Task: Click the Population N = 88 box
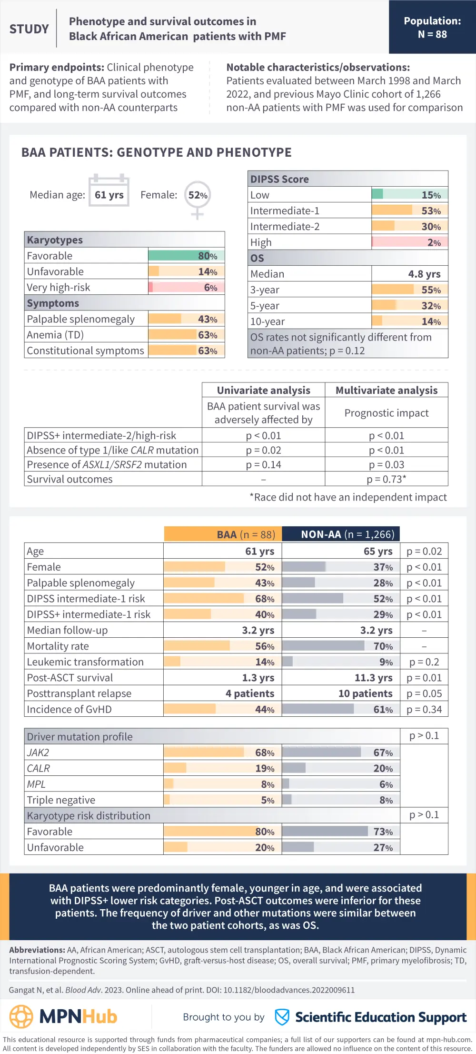[x=432, y=27]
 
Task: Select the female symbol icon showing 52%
[x=198, y=196]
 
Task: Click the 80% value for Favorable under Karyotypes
[x=208, y=256]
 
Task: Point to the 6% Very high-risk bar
[x=186, y=287]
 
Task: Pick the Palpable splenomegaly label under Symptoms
[x=81, y=319]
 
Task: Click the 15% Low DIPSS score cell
[x=409, y=195]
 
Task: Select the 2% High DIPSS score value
[x=434, y=242]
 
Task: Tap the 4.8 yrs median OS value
[x=424, y=274]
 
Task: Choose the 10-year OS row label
[x=268, y=321]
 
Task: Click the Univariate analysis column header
[x=263, y=390]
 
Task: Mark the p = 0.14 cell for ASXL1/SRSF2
[x=263, y=464]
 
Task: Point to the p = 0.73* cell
[x=386, y=479]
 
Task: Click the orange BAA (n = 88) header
[x=223, y=534]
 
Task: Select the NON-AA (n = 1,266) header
[x=341, y=534]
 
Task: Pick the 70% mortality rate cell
[x=341, y=646]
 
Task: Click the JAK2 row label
[x=38, y=753]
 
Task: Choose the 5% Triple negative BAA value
[x=268, y=800]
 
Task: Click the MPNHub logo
[x=63, y=1016]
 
